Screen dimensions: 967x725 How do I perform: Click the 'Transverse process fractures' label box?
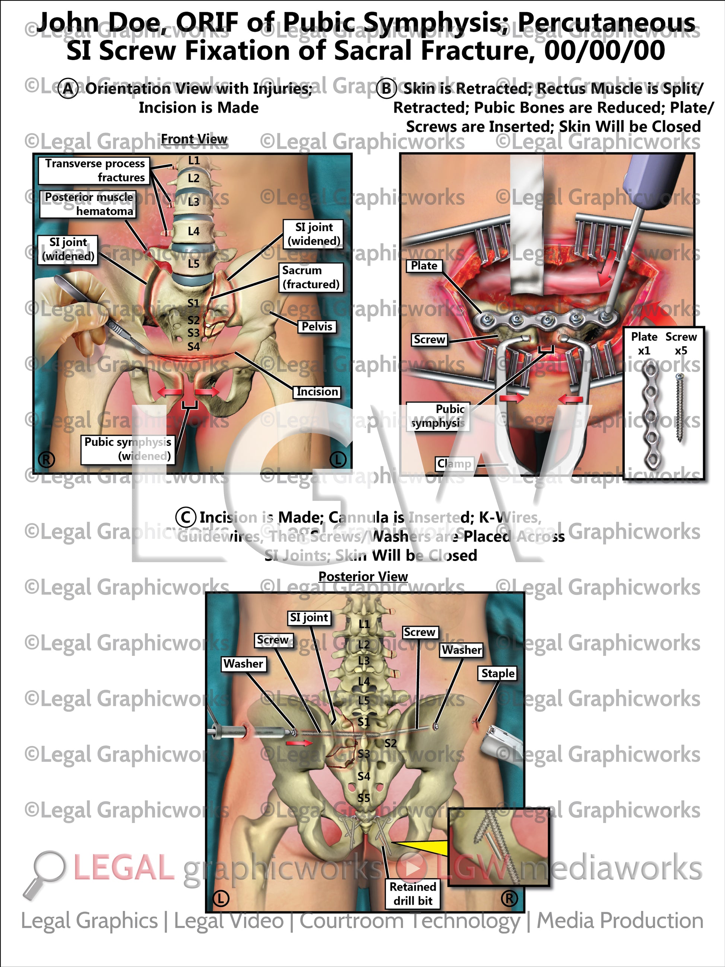pyautogui.click(x=94, y=170)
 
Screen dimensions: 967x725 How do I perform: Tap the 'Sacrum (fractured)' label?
pyautogui.click(x=311, y=277)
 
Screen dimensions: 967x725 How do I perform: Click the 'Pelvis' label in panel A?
pyautogui.click(x=317, y=326)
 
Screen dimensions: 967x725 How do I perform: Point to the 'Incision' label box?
pyautogui.click(x=317, y=391)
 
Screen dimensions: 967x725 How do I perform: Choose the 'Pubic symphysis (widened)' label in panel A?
pyautogui.click(x=127, y=448)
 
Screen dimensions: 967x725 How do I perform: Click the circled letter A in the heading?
pyautogui.click(x=68, y=89)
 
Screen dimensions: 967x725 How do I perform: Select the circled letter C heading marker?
pyautogui.click(x=185, y=517)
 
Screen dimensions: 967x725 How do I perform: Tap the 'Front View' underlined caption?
pyautogui.click(x=194, y=139)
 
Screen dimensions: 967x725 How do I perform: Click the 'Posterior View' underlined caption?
pyautogui.click(x=363, y=577)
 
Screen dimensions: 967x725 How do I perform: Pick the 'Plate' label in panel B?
pyautogui.click(x=424, y=265)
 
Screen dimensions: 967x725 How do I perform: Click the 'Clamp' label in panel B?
pyautogui.click(x=455, y=463)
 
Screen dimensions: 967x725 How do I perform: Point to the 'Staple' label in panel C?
pyautogui.click(x=498, y=673)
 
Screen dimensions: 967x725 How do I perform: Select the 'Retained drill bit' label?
pyautogui.click(x=412, y=894)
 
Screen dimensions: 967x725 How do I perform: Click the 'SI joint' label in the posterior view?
pyautogui.click(x=309, y=617)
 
